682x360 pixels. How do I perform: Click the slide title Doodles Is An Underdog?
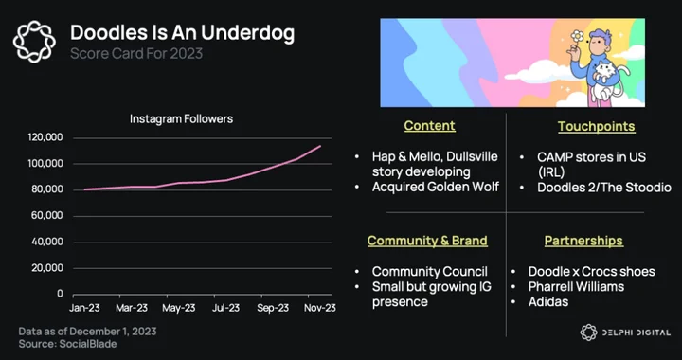182,33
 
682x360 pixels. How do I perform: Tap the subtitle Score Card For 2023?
136,53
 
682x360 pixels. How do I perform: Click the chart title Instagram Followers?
181,118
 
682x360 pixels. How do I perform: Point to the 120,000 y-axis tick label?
45,137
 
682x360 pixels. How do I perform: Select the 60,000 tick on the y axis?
47,216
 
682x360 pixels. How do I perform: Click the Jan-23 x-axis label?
84,308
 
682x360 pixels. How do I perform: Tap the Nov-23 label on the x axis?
320,308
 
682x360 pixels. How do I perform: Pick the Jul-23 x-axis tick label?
225,308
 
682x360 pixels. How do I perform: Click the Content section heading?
429,126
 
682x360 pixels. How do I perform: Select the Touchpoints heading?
597,126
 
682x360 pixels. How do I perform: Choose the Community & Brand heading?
427,241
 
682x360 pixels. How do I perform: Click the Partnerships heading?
583,241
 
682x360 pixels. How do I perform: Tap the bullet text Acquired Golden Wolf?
436,187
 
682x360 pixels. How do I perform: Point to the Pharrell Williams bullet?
576,286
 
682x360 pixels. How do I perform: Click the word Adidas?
548,302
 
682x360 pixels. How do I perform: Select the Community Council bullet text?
430,271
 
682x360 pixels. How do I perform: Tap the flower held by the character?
577,36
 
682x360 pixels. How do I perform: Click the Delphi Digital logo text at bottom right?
636,333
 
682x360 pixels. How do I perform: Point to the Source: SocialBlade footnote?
67,344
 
